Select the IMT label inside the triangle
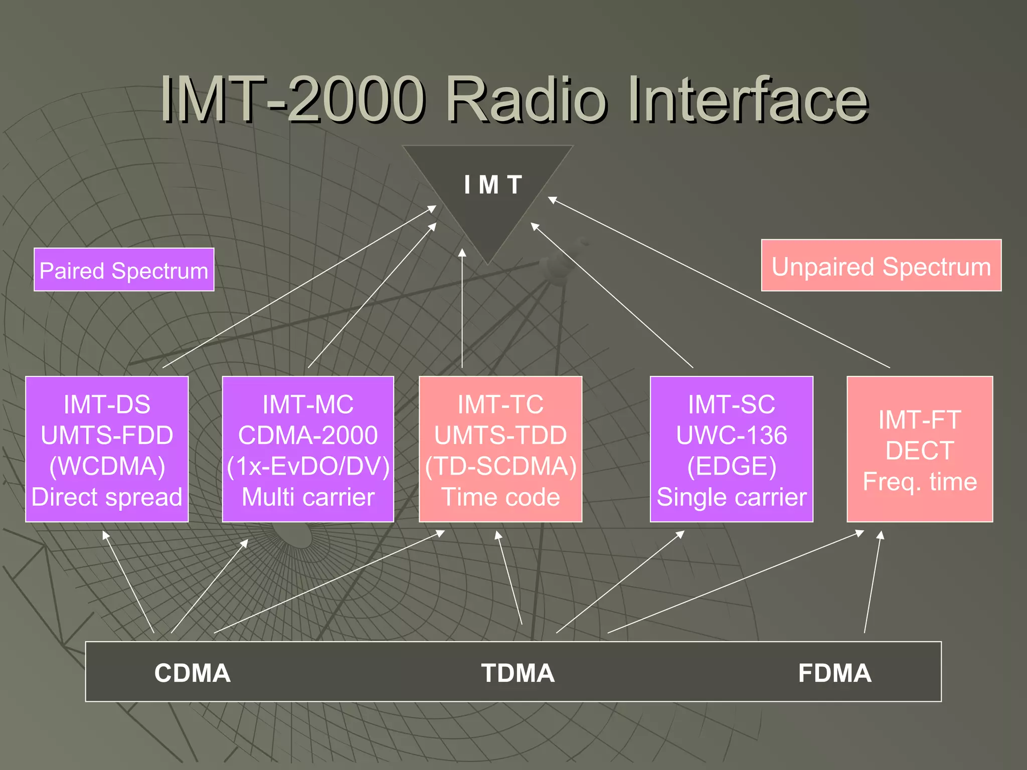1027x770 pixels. pos(493,184)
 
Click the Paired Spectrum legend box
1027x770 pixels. pos(124,270)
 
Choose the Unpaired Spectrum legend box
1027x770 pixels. pos(881,266)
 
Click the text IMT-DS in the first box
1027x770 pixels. pos(107,404)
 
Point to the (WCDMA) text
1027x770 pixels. pos(107,466)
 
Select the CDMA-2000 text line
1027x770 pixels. pos(308,435)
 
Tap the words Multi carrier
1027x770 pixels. pos(308,497)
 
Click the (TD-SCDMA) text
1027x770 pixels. pos(500,466)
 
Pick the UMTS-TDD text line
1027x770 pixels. pos(500,435)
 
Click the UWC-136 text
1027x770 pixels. pos(731,435)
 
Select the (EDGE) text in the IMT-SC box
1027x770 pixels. pos(731,466)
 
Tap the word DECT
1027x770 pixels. pos(920,450)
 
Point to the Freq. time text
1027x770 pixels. pos(920,482)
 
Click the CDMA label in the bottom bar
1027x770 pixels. pos(193,673)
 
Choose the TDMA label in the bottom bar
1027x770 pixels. pos(518,673)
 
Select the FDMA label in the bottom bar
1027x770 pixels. pos(834,673)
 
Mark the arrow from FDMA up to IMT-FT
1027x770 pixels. pos(873,582)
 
